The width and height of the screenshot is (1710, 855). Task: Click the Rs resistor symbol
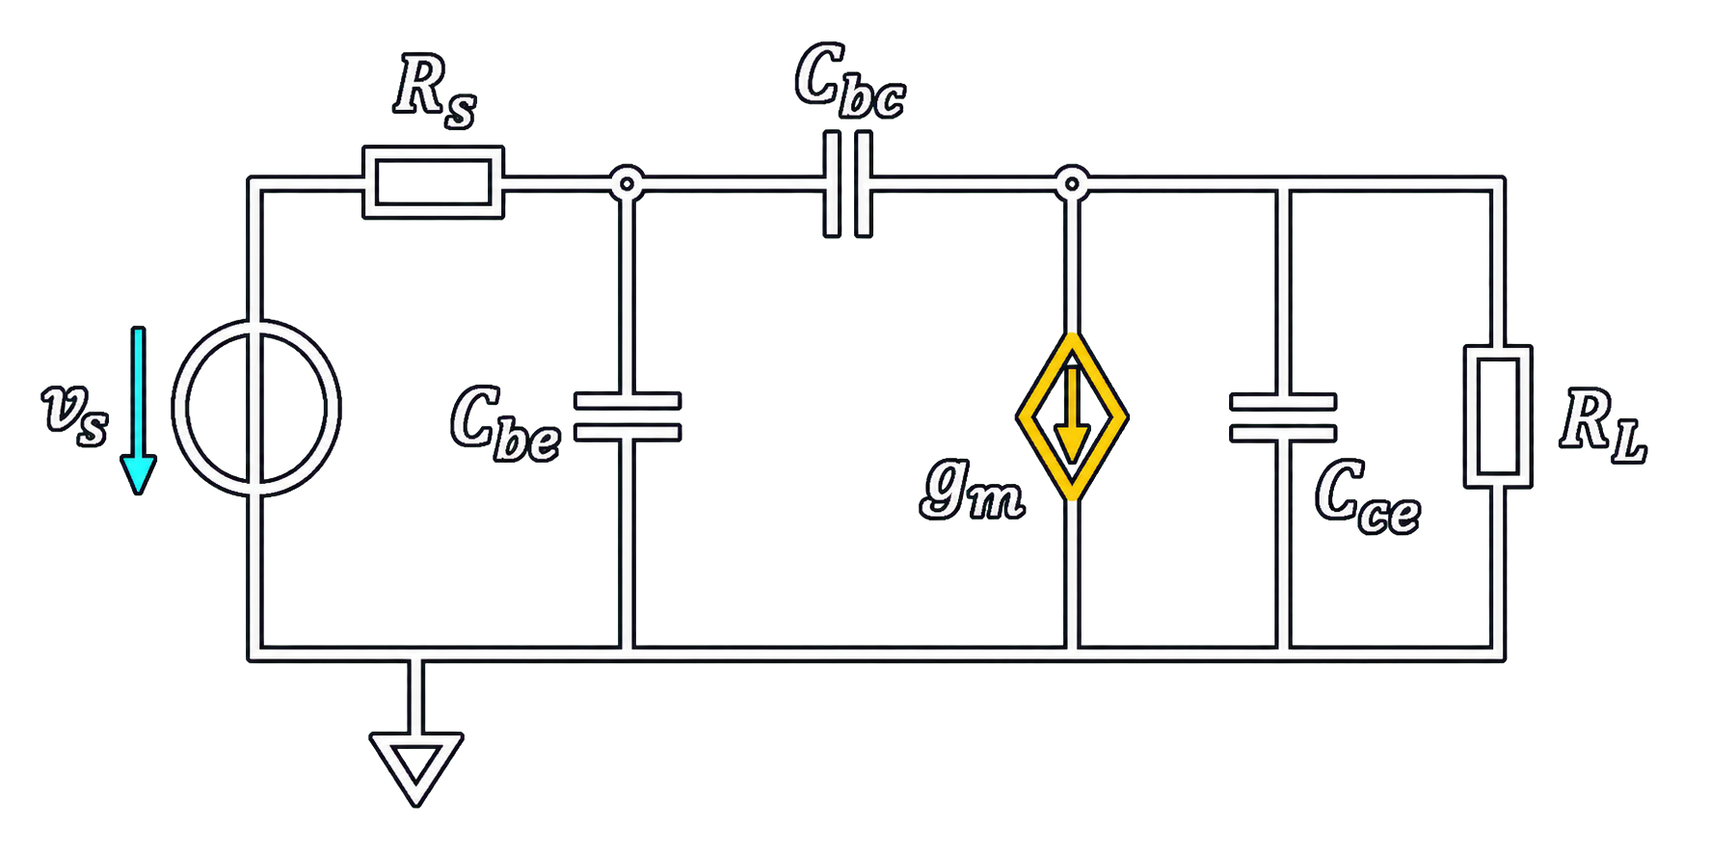point(433,182)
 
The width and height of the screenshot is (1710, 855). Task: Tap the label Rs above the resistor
point(435,92)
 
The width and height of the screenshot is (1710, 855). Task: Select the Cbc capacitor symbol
point(848,184)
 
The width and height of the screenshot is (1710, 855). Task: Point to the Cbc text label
point(850,81)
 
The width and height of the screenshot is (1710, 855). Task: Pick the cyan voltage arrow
point(139,411)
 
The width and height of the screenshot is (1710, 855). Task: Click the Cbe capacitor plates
point(628,416)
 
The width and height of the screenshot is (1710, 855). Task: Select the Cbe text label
point(505,423)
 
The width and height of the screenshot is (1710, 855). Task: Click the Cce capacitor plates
point(1283,417)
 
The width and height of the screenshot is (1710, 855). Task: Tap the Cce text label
point(1367,495)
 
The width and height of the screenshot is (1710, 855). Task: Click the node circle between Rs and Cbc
point(628,182)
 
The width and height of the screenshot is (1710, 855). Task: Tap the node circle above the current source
point(1072,183)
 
